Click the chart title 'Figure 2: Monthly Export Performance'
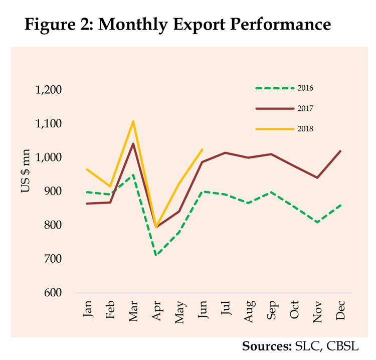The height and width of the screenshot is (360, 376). click(x=177, y=24)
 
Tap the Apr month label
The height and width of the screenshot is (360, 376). click(x=156, y=309)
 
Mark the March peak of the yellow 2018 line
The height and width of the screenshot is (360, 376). click(x=133, y=121)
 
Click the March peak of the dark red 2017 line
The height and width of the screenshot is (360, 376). click(x=133, y=143)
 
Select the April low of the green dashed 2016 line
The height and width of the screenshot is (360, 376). click(x=156, y=255)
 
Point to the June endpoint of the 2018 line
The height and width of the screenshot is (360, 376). click(x=202, y=149)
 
